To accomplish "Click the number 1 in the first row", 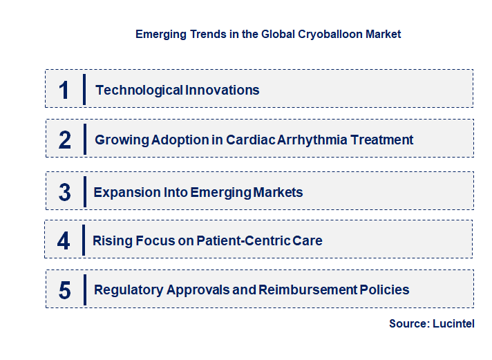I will pyautogui.click(x=64, y=90).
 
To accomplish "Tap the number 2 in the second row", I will pyautogui.click(x=65, y=140).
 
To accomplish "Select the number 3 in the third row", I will pyautogui.click(x=65, y=193).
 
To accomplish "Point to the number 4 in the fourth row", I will pyautogui.click(x=64, y=241).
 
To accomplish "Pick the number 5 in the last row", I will pyautogui.click(x=65, y=290).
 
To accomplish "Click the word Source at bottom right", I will pyautogui.click(x=408, y=323).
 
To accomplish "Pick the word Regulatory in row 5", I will pyautogui.click(x=128, y=290).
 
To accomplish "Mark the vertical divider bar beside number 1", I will pyautogui.click(x=84, y=89).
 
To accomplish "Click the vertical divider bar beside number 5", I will pyautogui.click(x=84, y=289).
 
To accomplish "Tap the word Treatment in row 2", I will pyautogui.click(x=382, y=140).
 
